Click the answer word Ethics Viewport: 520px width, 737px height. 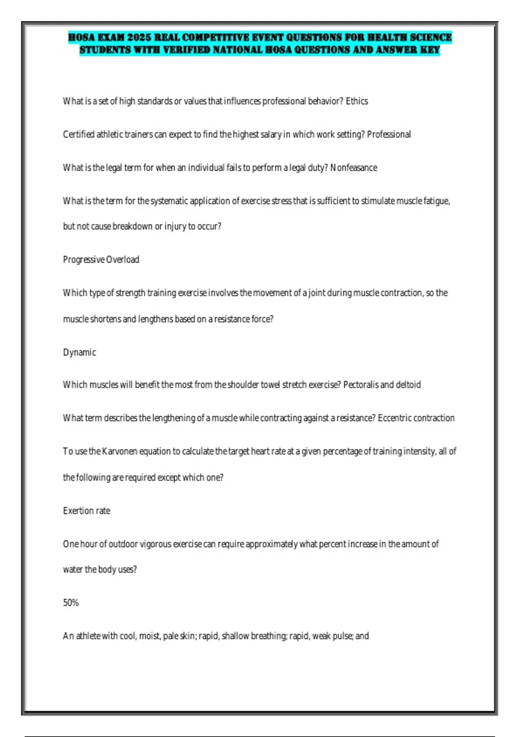pyautogui.click(x=357, y=101)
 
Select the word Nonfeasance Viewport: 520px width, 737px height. pyautogui.click(x=354, y=168)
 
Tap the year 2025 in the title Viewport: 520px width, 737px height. pyautogui.click(x=139, y=38)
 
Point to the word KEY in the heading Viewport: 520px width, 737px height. pyautogui.click(x=430, y=50)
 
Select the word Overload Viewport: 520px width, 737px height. pyautogui.click(x=123, y=260)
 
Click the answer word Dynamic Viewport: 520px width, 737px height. pyautogui.click(x=79, y=352)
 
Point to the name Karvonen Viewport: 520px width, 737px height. pyautogui.click(x=119, y=451)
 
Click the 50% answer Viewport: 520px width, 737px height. pyautogui.click(x=71, y=603)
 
